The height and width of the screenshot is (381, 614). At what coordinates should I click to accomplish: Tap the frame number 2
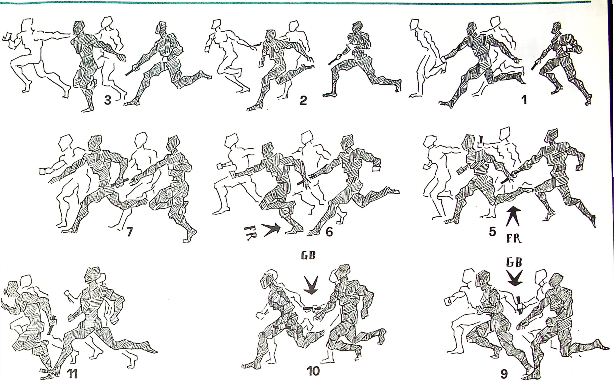[303, 100]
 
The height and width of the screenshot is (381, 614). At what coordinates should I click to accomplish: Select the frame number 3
[108, 100]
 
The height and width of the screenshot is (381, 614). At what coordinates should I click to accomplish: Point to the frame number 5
[493, 232]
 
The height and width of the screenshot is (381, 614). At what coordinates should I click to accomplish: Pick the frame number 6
[329, 232]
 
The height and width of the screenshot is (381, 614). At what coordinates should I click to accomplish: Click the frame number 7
[129, 232]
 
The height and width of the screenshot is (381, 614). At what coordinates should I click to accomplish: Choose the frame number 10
[313, 371]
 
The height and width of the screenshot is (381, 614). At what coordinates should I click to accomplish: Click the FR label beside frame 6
[250, 234]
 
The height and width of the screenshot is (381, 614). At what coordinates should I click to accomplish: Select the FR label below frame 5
[514, 238]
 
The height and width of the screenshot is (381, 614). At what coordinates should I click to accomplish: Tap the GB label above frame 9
[514, 263]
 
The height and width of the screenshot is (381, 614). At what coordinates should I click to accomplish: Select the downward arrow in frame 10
[311, 285]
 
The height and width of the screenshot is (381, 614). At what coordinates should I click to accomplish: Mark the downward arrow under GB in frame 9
[515, 278]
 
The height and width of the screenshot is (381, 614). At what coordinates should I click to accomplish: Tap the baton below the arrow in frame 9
[519, 305]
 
